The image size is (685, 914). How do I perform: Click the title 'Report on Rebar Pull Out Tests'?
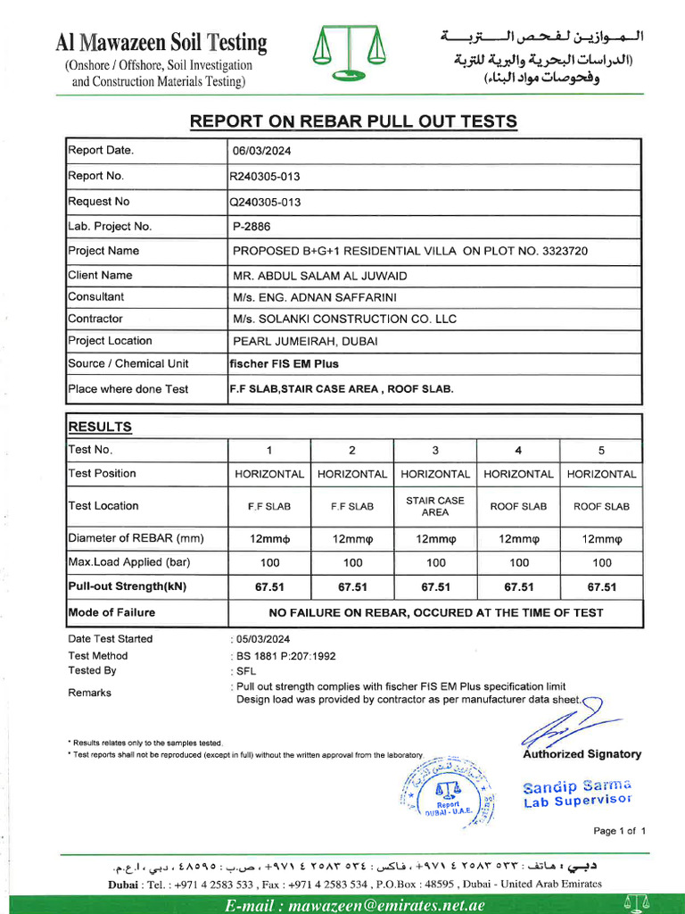pos(353,122)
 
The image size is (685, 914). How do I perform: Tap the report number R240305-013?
pos(265,177)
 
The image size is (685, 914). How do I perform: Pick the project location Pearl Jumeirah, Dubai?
pos(305,341)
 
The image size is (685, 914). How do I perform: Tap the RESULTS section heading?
pos(100,428)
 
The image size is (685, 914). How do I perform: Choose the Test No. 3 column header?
pos(435,450)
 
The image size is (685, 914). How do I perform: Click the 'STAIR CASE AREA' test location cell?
pos(435,506)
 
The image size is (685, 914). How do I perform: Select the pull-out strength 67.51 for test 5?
pos(602,587)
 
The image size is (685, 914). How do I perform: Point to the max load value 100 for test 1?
pos(269,563)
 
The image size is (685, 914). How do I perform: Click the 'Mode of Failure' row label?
pos(111,612)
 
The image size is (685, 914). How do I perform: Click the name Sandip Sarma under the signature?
pos(577,786)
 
